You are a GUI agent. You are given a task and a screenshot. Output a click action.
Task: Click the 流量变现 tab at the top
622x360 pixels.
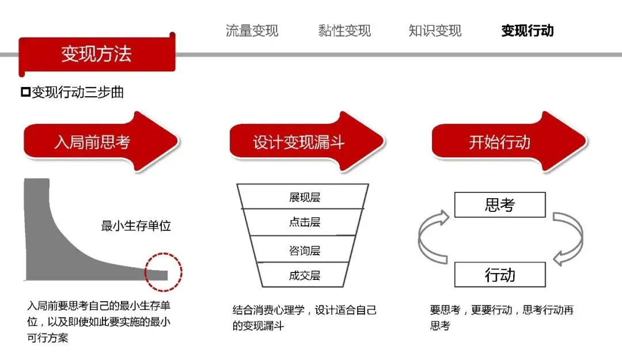point(252,31)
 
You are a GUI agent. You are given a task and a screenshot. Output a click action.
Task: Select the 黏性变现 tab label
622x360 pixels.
point(344,31)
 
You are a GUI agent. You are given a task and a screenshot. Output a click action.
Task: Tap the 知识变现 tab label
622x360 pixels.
point(435,31)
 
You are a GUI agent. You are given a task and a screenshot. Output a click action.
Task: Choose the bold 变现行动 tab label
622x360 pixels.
point(528,31)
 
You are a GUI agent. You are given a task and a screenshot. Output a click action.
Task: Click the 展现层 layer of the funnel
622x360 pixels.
point(304,197)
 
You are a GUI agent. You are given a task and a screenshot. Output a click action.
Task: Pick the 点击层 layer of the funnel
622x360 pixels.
point(304,222)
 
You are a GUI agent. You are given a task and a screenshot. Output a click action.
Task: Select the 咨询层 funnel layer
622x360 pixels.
point(304,250)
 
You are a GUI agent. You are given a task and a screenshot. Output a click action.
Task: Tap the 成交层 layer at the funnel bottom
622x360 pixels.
point(304,275)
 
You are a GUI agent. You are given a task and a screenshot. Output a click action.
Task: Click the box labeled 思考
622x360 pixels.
point(499,204)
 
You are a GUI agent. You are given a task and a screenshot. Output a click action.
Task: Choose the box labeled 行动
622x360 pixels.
point(499,275)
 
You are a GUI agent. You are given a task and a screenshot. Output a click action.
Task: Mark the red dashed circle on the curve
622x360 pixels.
point(163,271)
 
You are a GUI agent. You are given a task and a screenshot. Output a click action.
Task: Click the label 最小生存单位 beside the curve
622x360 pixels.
point(136,226)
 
